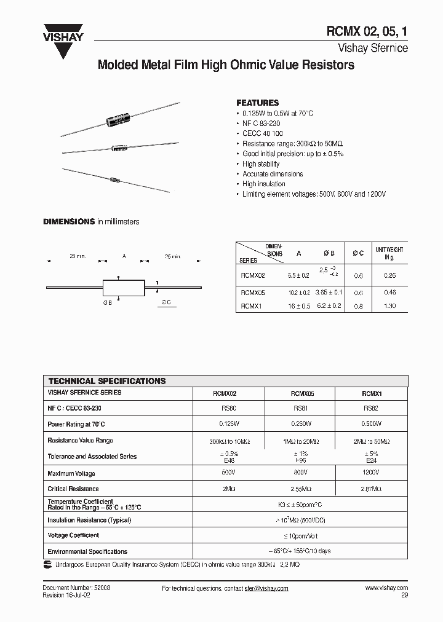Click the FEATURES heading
(x=258, y=103)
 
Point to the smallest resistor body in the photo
(x=114, y=180)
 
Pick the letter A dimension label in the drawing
(x=124, y=256)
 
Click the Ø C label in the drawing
(x=166, y=302)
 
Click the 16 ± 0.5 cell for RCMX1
(x=298, y=305)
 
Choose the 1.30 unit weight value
(x=389, y=305)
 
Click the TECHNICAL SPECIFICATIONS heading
(x=107, y=381)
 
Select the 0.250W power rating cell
(x=300, y=424)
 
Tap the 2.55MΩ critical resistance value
(x=300, y=489)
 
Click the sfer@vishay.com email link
(x=266, y=588)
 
